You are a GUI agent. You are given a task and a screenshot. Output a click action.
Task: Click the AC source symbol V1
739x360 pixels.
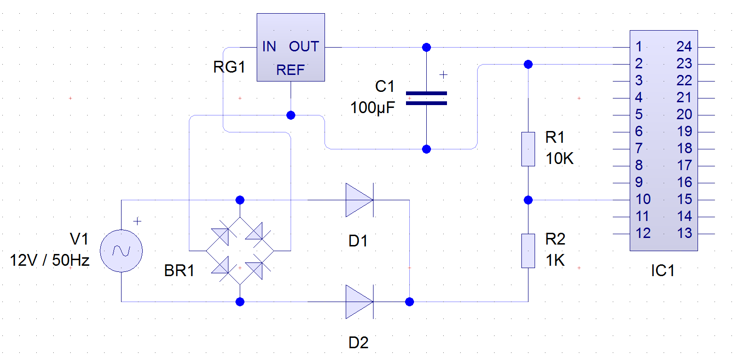click(122, 251)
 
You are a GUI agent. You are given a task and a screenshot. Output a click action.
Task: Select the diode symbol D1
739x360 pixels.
click(359, 200)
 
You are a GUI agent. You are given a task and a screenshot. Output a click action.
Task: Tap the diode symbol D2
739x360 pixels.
click(359, 302)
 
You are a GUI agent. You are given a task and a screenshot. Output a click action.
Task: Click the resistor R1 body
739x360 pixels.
click(528, 149)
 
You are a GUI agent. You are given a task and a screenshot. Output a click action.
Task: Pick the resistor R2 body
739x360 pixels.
click(528, 251)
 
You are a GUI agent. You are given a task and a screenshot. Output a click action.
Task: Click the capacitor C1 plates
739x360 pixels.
click(426, 98)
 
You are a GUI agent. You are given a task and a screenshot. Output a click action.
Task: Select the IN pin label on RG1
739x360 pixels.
click(269, 47)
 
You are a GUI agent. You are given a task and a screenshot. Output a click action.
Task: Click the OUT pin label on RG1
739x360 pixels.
click(304, 47)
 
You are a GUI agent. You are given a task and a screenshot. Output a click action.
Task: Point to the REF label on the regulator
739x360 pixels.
click(290, 70)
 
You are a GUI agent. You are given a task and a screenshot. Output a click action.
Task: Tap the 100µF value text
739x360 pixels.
click(373, 108)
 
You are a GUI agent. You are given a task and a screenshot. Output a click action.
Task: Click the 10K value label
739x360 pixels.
click(560, 158)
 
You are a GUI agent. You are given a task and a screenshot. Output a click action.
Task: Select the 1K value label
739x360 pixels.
click(555, 261)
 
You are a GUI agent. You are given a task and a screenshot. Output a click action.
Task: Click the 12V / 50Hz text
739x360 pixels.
click(49, 261)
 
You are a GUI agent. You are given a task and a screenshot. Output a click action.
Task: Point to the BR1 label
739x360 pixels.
click(179, 270)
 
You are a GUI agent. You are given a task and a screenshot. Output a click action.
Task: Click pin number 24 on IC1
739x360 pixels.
click(684, 47)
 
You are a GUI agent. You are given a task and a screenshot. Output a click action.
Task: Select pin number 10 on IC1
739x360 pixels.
click(643, 199)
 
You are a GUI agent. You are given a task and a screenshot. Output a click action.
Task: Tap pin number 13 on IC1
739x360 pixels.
click(684, 233)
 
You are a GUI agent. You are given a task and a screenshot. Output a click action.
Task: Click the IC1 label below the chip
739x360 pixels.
click(662, 270)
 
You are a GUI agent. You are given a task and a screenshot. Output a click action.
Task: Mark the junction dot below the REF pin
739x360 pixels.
click(291, 115)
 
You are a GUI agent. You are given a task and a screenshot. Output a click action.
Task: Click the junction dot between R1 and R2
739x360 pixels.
click(528, 200)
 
